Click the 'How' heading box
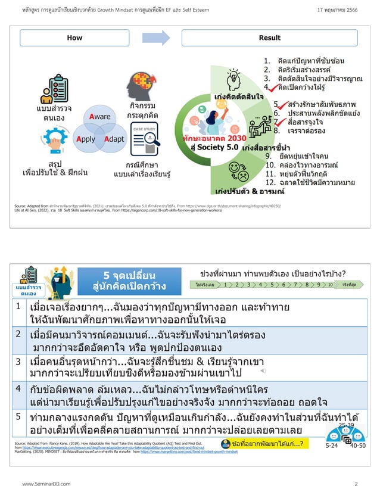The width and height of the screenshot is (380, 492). [x=75, y=38]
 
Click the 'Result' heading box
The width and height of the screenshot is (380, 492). [x=269, y=38]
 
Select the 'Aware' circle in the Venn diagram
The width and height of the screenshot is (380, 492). [x=100, y=117]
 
